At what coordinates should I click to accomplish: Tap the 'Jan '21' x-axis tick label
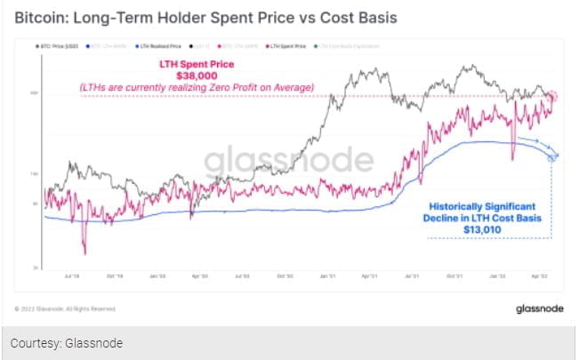(x=326, y=276)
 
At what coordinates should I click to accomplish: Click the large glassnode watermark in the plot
(x=288, y=163)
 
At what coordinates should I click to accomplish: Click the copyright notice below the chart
(x=65, y=308)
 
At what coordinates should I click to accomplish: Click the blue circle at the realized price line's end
(x=552, y=157)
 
